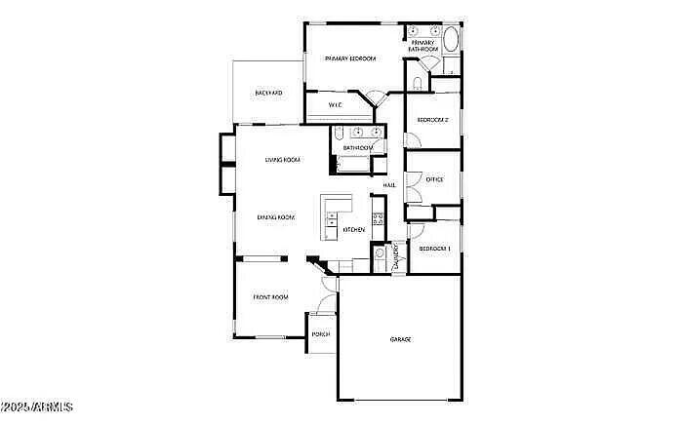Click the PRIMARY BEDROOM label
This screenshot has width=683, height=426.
350,58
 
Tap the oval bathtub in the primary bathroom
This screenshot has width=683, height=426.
451,42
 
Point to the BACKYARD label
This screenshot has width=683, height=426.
268,93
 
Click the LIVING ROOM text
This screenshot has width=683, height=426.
282,160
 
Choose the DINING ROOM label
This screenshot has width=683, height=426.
275,217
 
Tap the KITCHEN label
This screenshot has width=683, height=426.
353,230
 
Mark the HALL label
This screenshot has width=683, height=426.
388,184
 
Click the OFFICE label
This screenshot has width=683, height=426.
435,179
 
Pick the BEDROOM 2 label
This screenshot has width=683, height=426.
432,120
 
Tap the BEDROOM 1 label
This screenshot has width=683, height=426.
434,249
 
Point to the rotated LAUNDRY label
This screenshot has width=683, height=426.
397,256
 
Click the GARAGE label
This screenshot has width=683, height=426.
400,339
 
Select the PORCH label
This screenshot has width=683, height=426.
321,334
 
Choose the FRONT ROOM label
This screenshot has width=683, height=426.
270,296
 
